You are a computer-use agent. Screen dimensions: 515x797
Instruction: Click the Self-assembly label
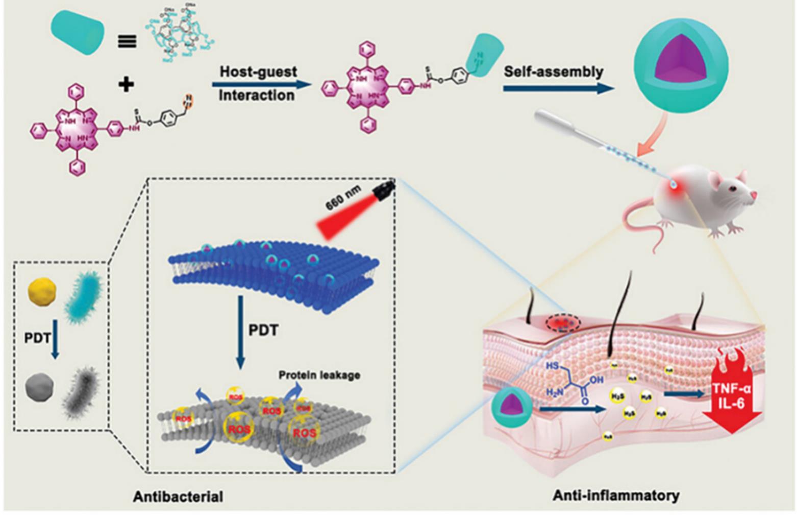pyautogui.click(x=554, y=72)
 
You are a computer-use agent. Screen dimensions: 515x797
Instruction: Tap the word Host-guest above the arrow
pyautogui.click(x=258, y=72)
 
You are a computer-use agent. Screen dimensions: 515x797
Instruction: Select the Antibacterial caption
pyautogui.click(x=178, y=496)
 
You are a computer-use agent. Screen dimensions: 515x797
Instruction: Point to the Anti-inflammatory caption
pyautogui.click(x=616, y=495)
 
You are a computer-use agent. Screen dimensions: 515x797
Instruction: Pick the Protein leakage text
pyautogui.click(x=319, y=375)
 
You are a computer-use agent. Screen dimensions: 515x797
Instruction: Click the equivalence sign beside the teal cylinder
pyautogui.click(x=127, y=41)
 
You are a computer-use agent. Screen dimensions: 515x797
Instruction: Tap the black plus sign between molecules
pyautogui.click(x=126, y=84)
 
